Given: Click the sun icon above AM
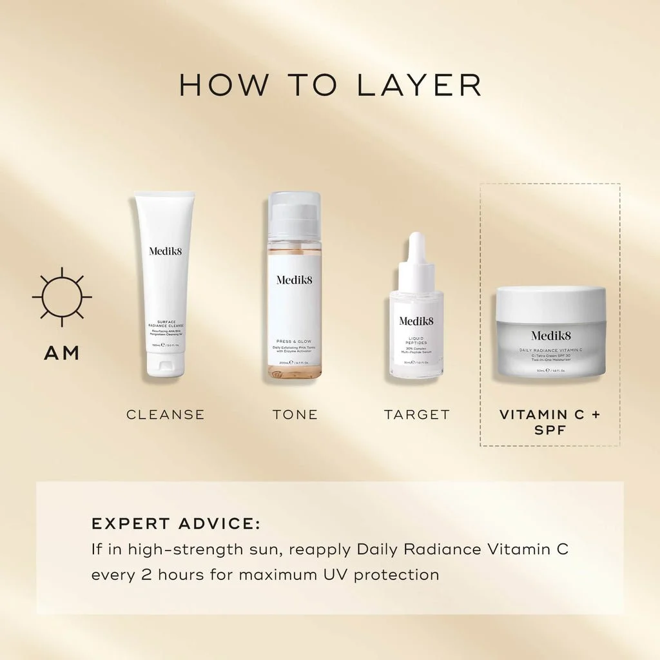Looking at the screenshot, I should point(62,297).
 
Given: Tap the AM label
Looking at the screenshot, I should point(62,353).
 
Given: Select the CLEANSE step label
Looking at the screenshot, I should point(165,414).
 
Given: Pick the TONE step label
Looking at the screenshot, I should point(295,414).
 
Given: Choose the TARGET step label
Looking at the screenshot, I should point(417,414).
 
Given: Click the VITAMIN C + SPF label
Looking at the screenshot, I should point(550,422).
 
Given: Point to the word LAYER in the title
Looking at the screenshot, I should point(419,86).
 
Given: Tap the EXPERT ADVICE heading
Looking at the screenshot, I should point(176,523).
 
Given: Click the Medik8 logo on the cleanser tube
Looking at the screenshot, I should point(166,251).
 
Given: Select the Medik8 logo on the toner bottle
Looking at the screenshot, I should point(295,280).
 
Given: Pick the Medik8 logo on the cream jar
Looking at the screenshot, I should point(550,335).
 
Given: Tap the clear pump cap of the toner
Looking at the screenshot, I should point(295,216).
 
